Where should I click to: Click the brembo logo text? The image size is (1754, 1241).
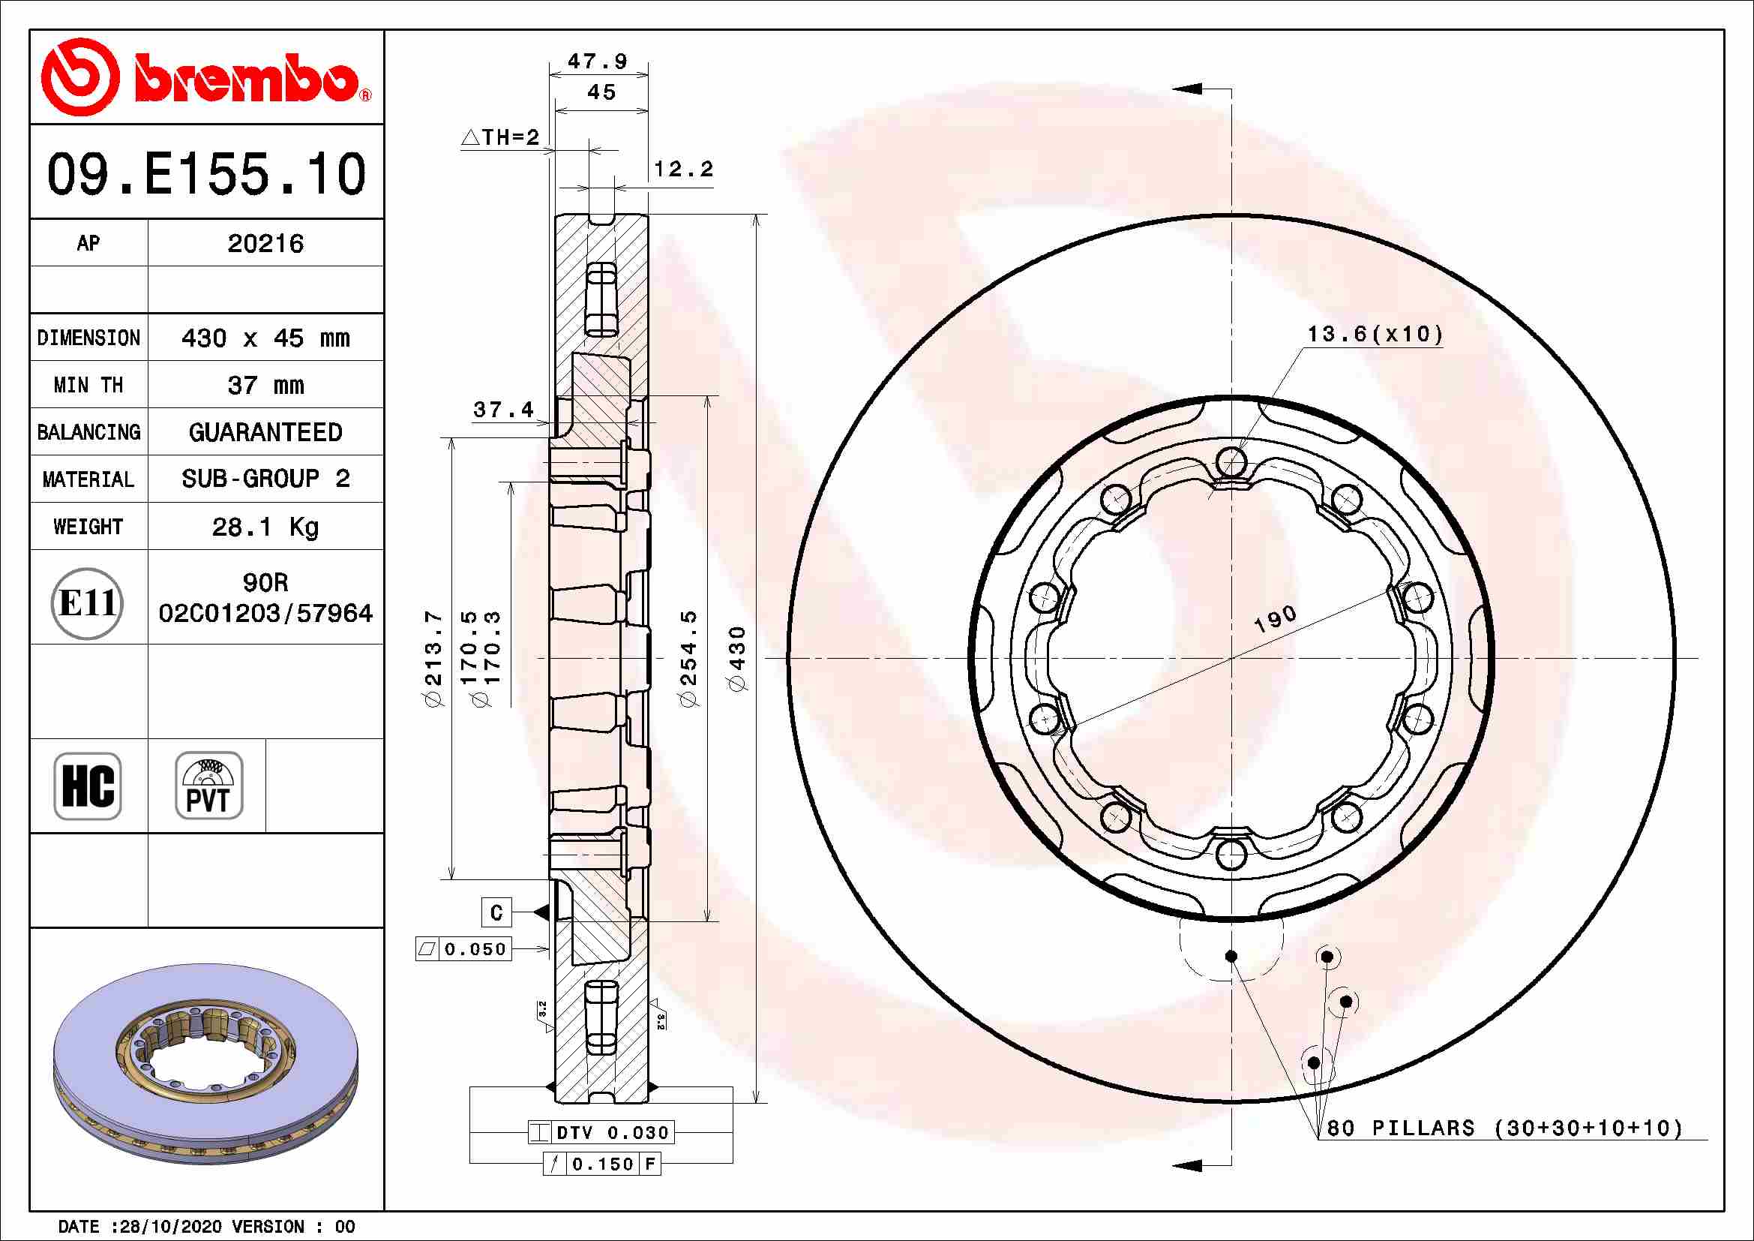[244, 78]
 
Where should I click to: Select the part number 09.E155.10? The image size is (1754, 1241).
[206, 174]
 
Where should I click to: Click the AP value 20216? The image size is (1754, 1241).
[265, 244]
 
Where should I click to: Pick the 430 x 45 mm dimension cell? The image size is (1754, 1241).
[265, 338]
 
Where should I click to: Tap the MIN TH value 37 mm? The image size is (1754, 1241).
[265, 385]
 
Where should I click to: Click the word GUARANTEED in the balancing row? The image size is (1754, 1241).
[265, 432]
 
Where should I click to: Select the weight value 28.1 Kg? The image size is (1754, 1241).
[265, 527]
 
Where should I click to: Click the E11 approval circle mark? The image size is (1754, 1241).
[87, 604]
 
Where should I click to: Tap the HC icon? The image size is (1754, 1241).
[87, 786]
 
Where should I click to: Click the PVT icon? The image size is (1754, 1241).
[208, 786]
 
